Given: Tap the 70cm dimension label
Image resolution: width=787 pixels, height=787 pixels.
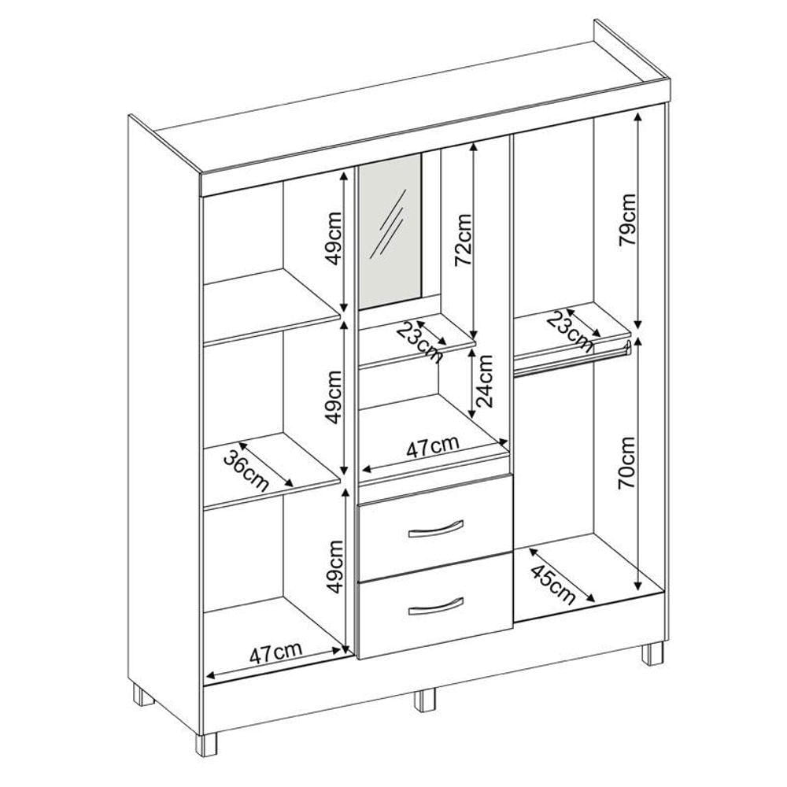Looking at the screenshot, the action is tap(627, 462).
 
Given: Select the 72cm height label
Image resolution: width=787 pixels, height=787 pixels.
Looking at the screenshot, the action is tap(462, 240).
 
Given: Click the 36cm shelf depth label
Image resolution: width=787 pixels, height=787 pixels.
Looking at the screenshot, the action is tap(246, 471).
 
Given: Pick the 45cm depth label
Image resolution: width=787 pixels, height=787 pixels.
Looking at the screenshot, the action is tap(552, 585).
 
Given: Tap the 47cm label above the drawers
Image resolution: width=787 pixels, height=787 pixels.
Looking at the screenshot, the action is tap(432, 446).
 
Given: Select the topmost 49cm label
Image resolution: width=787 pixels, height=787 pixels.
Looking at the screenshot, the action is tap(333, 238).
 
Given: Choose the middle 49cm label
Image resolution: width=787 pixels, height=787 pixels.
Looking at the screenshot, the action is tap(333, 397).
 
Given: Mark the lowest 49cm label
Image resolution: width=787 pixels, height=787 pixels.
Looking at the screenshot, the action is tap(333, 567).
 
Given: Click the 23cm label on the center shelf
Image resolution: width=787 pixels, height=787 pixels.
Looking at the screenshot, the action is tap(419, 342).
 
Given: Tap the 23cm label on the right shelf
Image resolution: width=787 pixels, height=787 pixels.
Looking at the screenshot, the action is tap(569, 331).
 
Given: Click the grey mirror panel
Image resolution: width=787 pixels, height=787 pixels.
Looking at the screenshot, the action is tap(390, 231).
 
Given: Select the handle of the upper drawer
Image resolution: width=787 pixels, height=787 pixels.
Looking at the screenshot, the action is tap(436, 528).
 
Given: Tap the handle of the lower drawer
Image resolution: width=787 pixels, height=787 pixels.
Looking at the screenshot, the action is tap(436, 606).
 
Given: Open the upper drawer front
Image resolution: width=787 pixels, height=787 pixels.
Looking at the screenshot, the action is tap(435, 528).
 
